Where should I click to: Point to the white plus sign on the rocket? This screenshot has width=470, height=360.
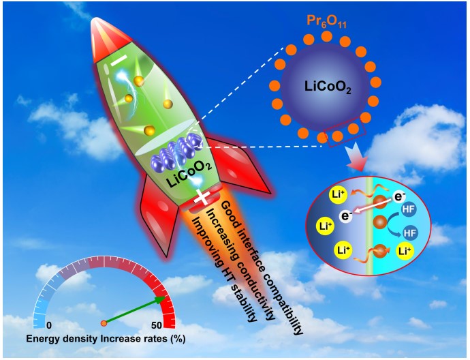(202, 198)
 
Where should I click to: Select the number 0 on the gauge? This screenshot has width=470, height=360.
(49, 326)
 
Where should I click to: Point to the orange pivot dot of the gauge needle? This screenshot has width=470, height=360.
(104, 322)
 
